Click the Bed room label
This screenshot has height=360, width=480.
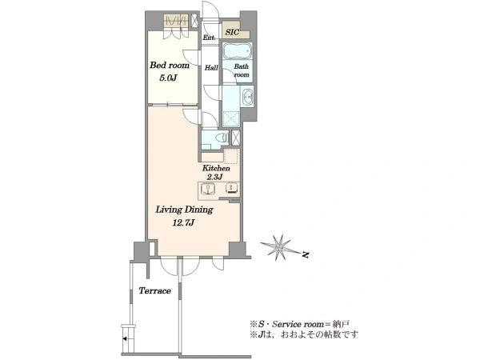pyautogui.click(x=170, y=66)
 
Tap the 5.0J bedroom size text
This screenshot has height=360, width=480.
pyautogui.click(x=168, y=78)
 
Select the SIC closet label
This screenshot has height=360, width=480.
pyautogui.click(x=232, y=32)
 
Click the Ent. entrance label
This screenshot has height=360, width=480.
pyautogui.click(x=209, y=38)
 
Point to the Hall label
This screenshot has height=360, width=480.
pyautogui.click(x=211, y=68)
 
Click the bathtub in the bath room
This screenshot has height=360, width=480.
pyautogui.click(x=238, y=51)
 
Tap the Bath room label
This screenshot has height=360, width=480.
pyautogui.click(x=242, y=70)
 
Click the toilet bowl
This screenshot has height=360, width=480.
pyautogui.click(x=222, y=138)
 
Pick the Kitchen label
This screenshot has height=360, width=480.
pyautogui.click(x=216, y=168)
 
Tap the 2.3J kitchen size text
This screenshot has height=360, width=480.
pyautogui.click(x=214, y=177)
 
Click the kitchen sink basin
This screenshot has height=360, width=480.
pyautogui.click(x=208, y=189)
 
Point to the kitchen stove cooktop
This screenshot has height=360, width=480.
pyautogui.click(x=232, y=188)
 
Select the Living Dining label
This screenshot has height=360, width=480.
pyautogui.click(x=184, y=210)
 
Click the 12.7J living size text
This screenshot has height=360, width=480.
pyautogui.click(x=184, y=222)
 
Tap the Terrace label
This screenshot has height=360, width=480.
pyautogui.click(x=155, y=290)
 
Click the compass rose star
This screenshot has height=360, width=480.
pyautogui.click(x=278, y=247)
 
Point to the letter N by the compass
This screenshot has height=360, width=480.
pyautogui.click(x=305, y=254)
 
